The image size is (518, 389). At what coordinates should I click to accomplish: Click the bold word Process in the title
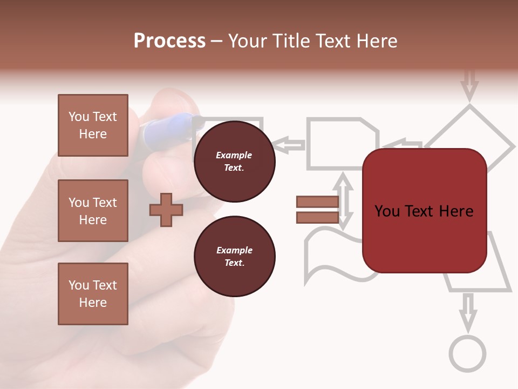point(169,41)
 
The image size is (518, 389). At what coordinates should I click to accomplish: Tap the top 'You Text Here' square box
point(93,125)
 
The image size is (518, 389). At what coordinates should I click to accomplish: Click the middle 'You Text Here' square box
point(93,211)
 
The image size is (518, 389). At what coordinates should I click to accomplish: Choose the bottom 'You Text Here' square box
point(93,294)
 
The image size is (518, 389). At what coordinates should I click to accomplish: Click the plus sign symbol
point(166,210)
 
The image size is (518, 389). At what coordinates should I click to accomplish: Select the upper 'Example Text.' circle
point(234,162)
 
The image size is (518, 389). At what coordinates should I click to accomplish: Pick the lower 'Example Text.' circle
point(234,257)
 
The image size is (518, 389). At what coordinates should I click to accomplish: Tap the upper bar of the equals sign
point(317,202)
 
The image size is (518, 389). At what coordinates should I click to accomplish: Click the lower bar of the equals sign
point(317,218)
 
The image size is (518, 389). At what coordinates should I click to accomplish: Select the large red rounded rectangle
point(424,211)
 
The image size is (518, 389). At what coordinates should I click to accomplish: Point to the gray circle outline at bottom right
point(467,353)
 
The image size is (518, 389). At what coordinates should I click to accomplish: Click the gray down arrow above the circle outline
point(468,311)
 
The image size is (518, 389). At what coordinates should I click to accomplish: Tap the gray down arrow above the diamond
point(469,84)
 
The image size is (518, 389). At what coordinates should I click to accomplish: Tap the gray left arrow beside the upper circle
point(289,144)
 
